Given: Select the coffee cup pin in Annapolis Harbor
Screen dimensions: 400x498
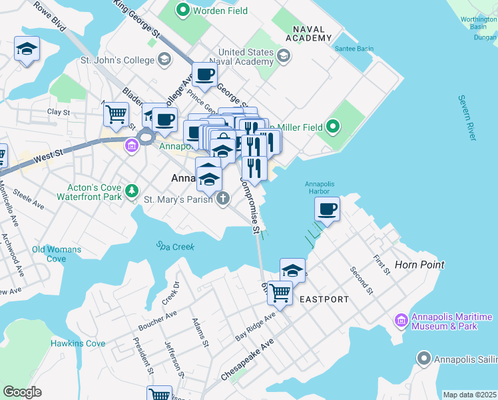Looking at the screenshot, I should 327,209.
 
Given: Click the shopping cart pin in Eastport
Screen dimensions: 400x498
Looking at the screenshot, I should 280,292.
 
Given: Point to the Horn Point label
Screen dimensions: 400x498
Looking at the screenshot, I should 419,265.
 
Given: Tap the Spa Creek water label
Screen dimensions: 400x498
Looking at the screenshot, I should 176,246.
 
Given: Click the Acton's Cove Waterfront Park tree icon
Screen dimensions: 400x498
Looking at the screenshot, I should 132,191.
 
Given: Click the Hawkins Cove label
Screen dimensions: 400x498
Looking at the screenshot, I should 78,343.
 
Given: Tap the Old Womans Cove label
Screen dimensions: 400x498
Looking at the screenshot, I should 57,254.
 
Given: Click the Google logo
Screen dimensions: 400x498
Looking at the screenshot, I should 22,391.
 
